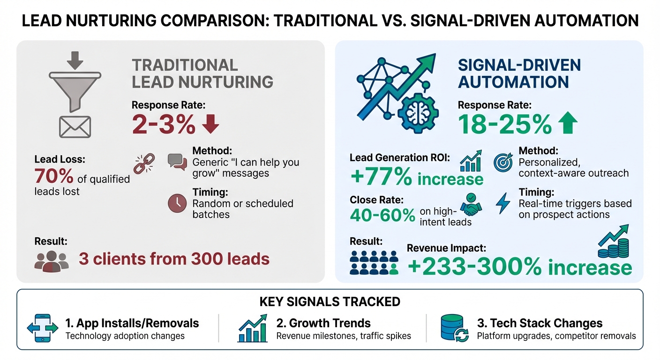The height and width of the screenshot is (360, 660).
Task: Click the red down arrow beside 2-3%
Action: [210, 123]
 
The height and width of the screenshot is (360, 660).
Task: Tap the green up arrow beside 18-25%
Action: [568, 124]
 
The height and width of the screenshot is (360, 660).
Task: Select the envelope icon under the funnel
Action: [75, 127]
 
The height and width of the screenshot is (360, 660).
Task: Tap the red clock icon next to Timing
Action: [177, 204]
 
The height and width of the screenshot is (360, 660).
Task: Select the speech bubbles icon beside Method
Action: [177, 162]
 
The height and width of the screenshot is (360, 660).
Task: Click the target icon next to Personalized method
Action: [503, 162]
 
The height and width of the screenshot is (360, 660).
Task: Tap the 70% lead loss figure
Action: [54, 176]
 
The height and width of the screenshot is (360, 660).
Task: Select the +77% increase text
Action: [417, 179]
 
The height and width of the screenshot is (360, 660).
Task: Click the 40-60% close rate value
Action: [382, 215]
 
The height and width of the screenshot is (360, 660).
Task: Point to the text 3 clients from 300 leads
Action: [174, 259]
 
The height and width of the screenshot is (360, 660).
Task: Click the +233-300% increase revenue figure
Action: [519, 268]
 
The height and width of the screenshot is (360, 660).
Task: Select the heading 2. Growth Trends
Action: [323, 323]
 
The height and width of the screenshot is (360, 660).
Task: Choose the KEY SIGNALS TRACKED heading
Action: [330, 301]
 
